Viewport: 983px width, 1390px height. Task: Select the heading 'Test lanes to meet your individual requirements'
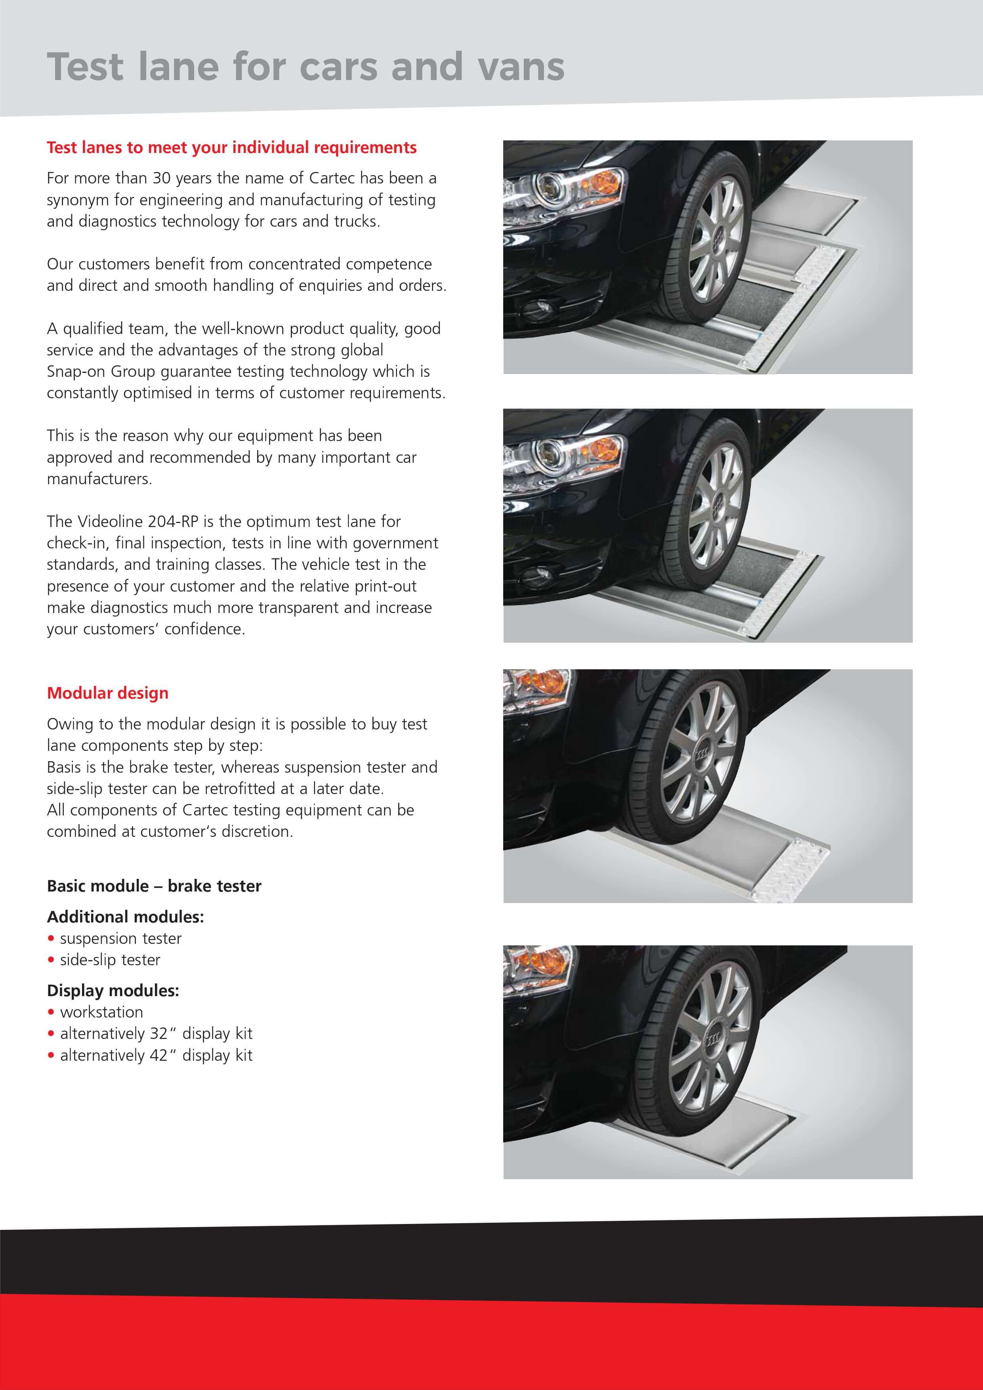coord(231,148)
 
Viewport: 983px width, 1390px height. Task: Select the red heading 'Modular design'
coord(108,693)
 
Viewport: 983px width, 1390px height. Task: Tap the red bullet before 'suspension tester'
coord(51,938)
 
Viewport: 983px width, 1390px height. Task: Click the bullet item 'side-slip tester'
coord(110,960)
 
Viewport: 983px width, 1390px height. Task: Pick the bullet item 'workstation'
coord(101,1012)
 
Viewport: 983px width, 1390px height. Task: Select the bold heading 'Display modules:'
coord(113,991)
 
